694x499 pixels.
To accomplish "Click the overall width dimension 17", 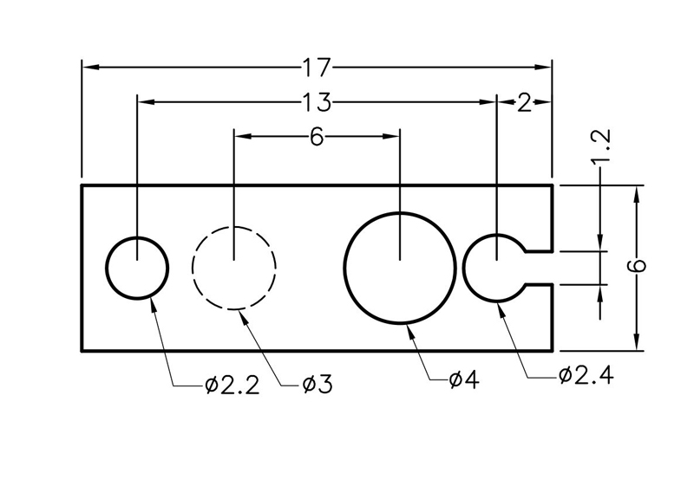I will pos(317,66).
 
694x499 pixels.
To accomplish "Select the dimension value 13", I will pos(317,102).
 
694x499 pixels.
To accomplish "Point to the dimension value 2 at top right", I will pos(523,102).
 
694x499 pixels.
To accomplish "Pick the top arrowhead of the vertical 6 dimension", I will pos(638,192).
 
